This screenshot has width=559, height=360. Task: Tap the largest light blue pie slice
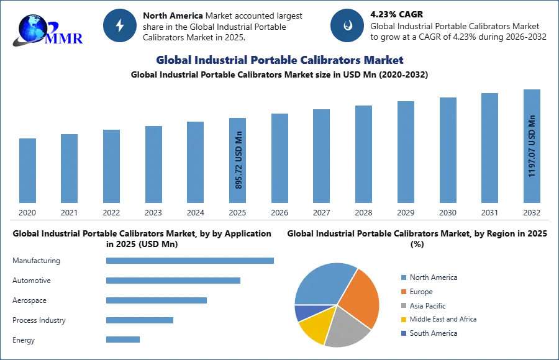323,282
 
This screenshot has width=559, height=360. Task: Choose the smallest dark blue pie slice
302,312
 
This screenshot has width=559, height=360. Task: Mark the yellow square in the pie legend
403,318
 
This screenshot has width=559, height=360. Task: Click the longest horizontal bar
191,261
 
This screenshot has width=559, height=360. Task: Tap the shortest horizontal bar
124,338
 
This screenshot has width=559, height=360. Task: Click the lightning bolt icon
120,26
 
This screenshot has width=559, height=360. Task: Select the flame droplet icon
347,26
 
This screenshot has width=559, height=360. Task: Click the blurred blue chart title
279,60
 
